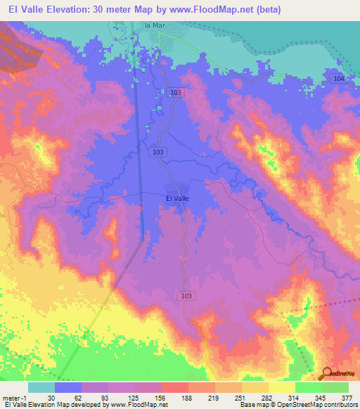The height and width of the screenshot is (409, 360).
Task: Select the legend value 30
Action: [x=51, y=396]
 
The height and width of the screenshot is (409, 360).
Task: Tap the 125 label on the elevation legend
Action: [x=131, y=396]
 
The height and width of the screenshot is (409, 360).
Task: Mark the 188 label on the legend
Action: [x=185, y=396]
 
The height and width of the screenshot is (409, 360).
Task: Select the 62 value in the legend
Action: [x=77, y=396]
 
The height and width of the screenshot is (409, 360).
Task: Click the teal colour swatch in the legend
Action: [x=41, y=387]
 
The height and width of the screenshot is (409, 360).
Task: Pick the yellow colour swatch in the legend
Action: [x=281, y=387]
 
